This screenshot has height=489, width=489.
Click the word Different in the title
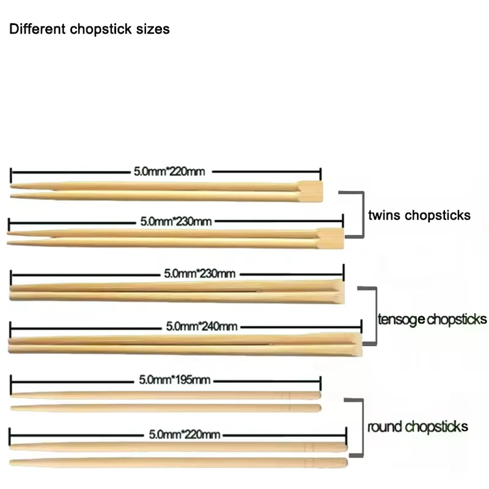(31, 29)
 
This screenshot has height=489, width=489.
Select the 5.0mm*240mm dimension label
(201, 326)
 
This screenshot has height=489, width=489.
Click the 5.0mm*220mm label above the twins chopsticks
(169, 172)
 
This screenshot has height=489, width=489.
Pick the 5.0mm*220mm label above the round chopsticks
(184, 435)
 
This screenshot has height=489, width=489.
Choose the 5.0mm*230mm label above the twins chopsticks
(176, 221)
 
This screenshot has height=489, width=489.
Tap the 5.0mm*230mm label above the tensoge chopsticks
(200, 274)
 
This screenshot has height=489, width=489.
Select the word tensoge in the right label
(401, 319)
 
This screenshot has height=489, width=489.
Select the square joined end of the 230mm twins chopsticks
(332, 237)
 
